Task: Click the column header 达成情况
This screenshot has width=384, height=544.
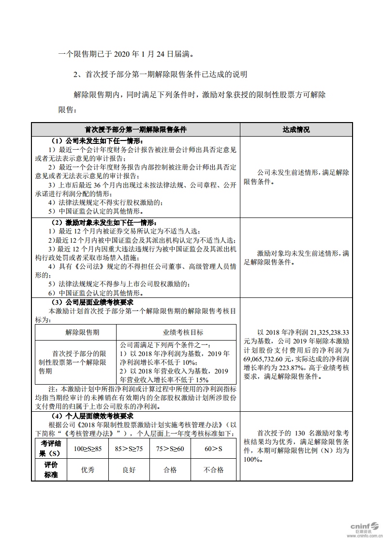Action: pos(296,130)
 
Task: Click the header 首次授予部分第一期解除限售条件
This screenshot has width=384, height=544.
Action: pos(135,130)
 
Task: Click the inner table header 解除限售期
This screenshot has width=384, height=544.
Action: pos(76,332)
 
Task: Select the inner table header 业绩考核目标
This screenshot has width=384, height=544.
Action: pos(177,332)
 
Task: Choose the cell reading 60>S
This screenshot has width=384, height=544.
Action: pos(213,449)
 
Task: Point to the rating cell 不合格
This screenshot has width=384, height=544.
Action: pos(213,469)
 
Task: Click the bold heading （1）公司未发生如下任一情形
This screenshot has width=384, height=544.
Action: pos(96,141)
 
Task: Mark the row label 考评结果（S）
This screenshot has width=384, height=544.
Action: pos(51,449)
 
